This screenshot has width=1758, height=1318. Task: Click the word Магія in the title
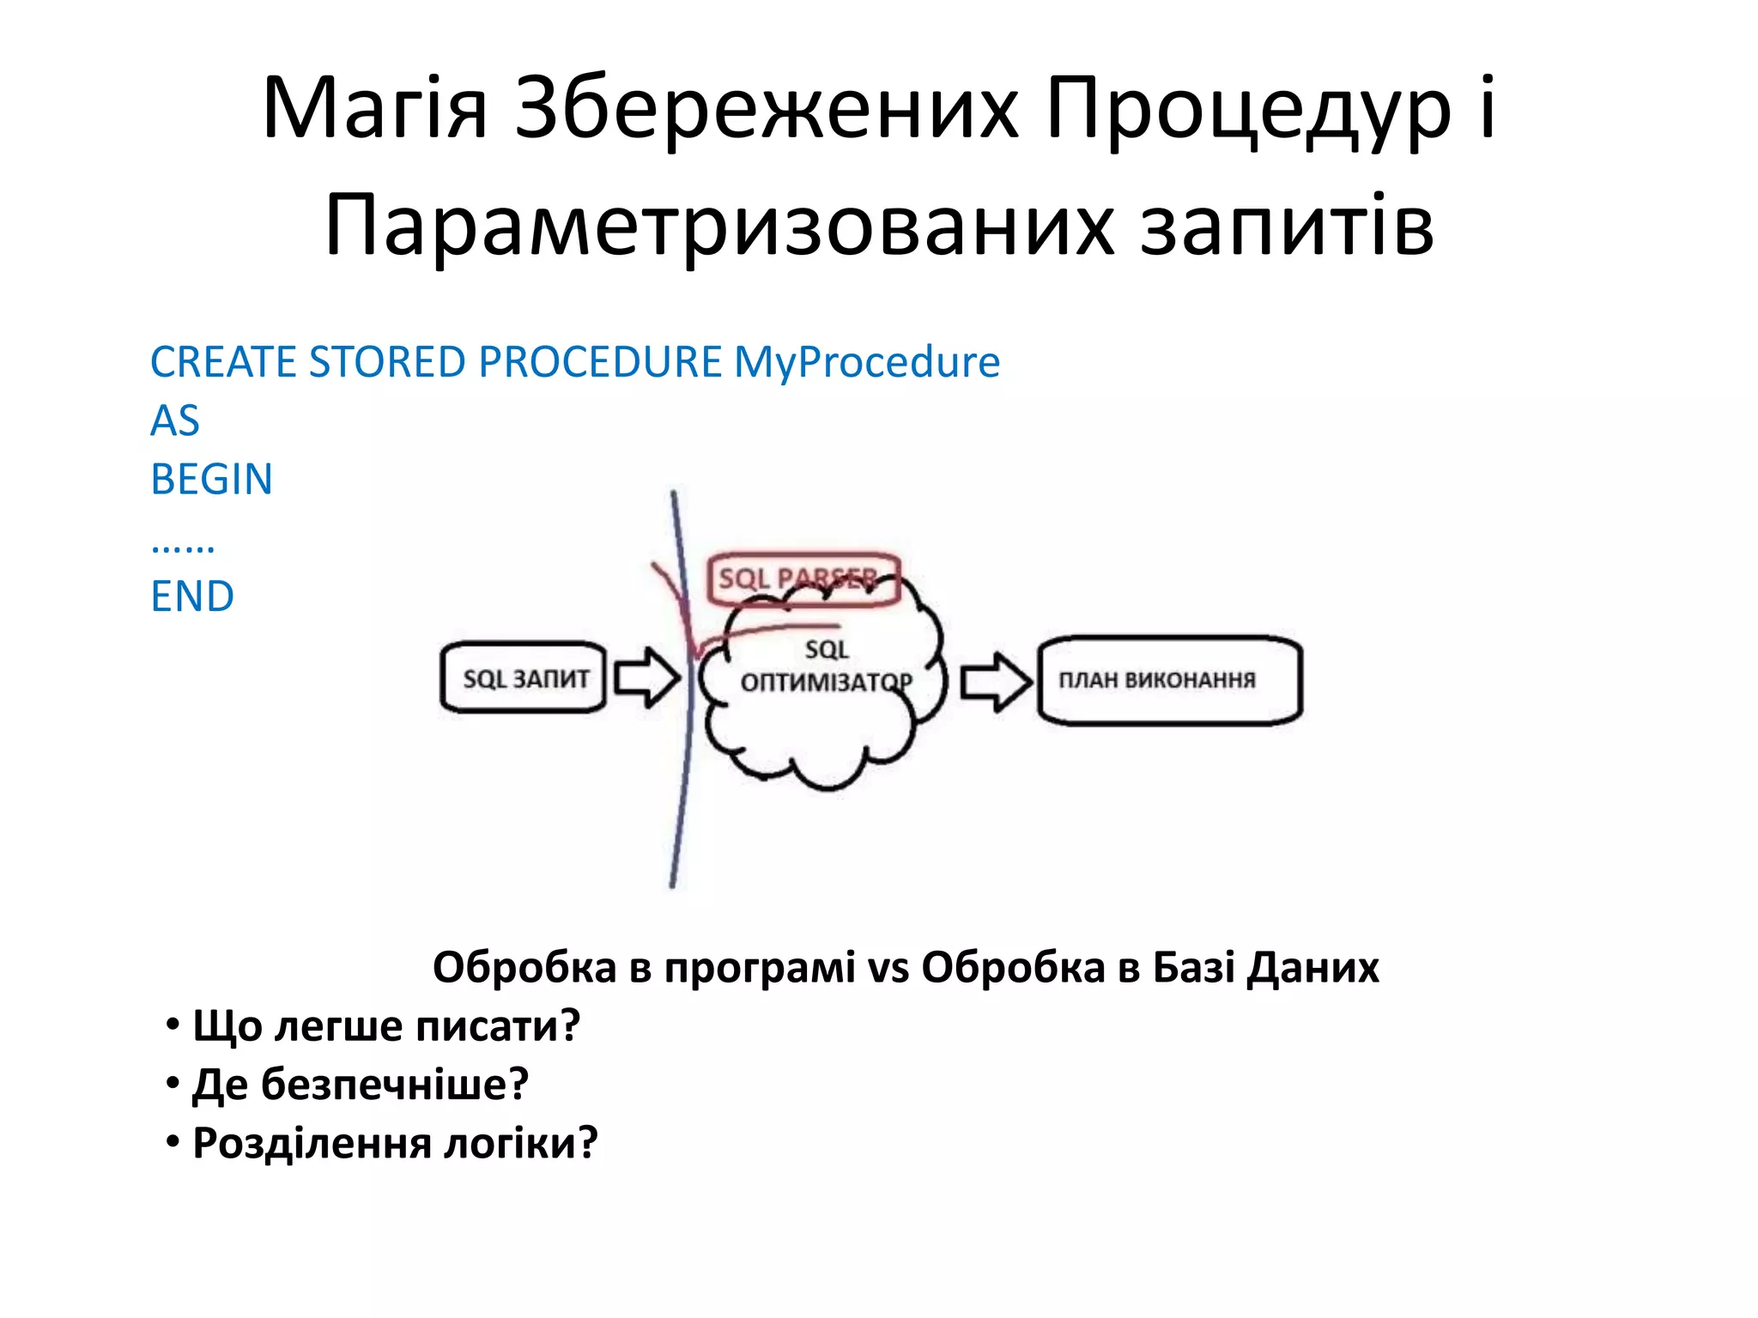coord(374,109)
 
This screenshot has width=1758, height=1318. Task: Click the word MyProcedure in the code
coord(867,362)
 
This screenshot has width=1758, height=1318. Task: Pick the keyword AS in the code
coord(175,420)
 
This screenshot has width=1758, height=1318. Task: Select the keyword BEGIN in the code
coord(211,479)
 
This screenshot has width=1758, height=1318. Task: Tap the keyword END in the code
coord(192,596)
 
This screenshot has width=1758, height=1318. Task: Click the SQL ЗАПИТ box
coord(524,678)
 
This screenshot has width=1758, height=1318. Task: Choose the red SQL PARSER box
coord(803,578)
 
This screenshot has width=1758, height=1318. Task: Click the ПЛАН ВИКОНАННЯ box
coord(1170,680)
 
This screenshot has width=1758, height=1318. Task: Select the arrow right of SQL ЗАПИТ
coord(646,677)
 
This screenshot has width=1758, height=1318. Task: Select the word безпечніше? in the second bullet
coord(395,1085)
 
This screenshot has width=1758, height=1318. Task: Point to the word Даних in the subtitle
coord(1313,968)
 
